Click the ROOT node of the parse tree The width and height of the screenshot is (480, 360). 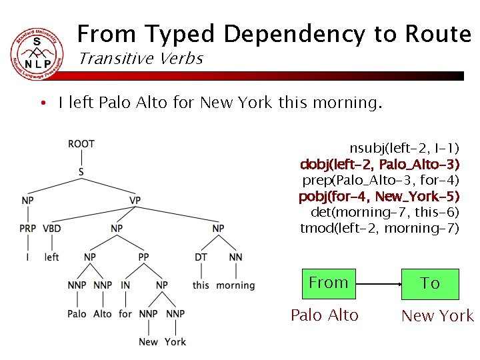tap(81, 143)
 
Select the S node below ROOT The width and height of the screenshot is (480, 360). tap(81, 172)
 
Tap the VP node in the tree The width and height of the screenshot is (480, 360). tap(135, 200)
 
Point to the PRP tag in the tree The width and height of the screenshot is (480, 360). tap(28, 229)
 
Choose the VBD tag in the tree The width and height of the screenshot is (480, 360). tap(52, 229)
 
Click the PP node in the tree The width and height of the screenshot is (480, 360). tap(143, 257)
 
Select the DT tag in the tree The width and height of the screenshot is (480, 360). tap(201, 257)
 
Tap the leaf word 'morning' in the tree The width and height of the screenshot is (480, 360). tap(235, 285)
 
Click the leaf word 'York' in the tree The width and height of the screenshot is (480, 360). tap(175, 342)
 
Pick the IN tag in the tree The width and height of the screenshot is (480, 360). tap(125, 285)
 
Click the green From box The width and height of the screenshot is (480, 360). tap(329, 283)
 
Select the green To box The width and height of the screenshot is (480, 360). tap(430, 283)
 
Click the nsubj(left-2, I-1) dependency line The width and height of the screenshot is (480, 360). tap(405, 147)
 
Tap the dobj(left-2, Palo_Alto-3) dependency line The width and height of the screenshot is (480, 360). tap(380, 164)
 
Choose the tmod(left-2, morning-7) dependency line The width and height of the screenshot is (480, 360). tap(380, 229)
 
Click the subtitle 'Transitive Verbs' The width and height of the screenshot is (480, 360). tap(141, 59)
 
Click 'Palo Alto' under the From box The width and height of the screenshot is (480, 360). tap(325, 315)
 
